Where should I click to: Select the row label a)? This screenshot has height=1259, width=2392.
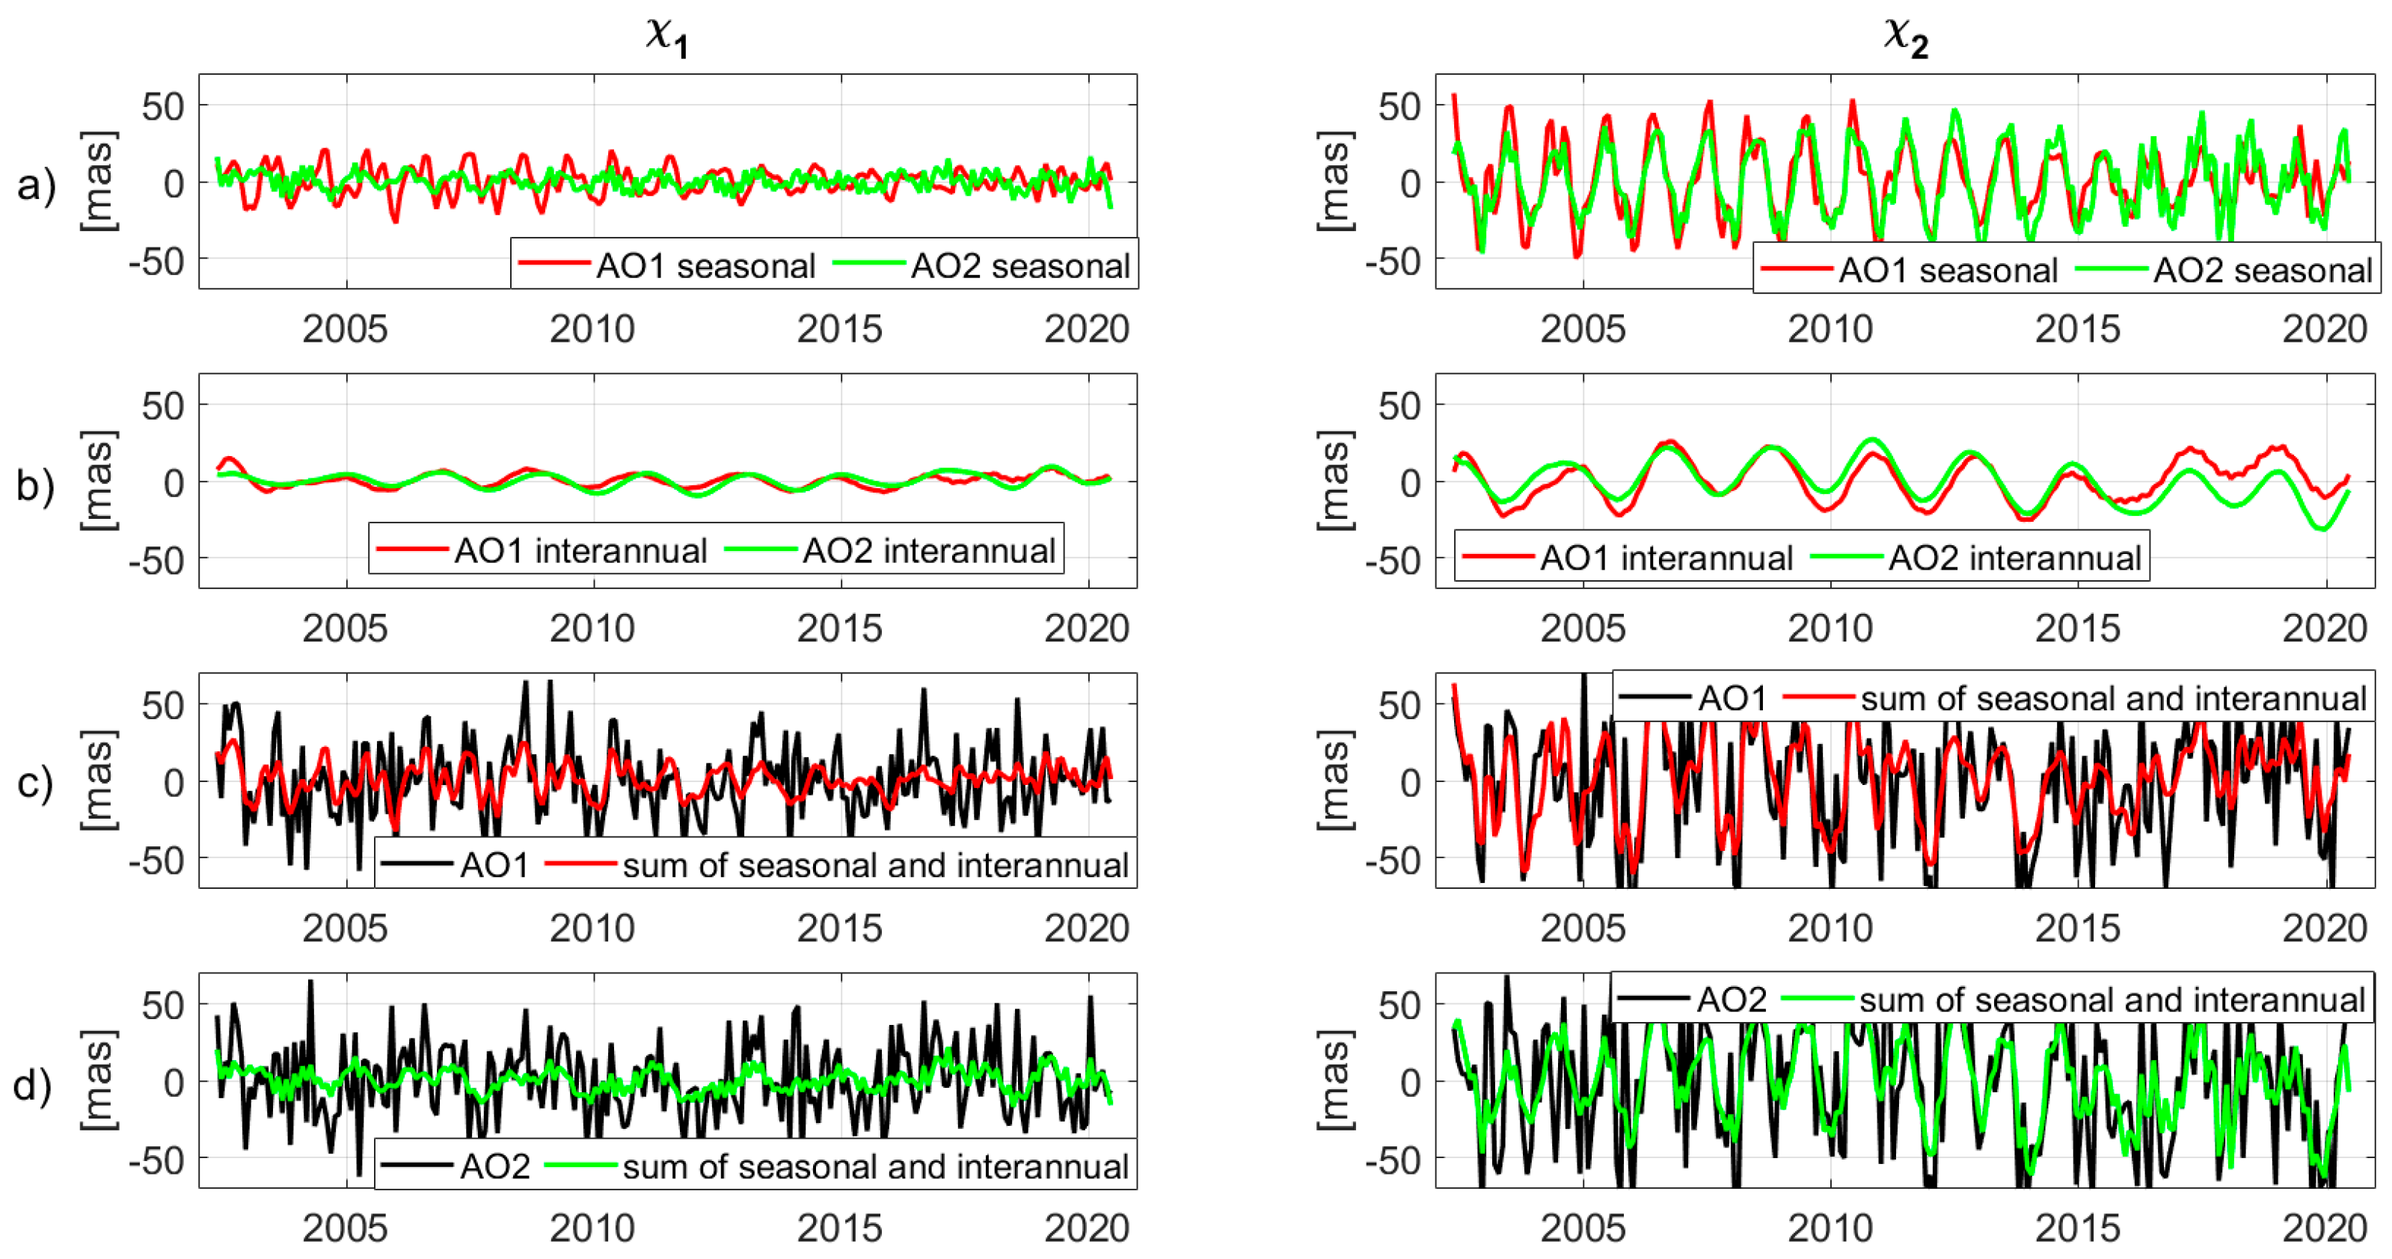point(36,185)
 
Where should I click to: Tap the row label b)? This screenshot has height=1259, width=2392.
point(36,484)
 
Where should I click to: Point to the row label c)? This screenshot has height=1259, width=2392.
point(36,784)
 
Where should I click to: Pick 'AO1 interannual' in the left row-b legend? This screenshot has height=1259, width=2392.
point(580,552)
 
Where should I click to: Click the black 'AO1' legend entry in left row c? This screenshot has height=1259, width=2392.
point(494,865)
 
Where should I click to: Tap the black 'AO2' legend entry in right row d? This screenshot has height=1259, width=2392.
point(1731,1000)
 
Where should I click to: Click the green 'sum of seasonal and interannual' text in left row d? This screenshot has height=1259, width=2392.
point(874,1166)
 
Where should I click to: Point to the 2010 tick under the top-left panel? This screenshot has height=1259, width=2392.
point(592,330)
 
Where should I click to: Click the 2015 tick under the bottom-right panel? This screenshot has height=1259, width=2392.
point(2077,1228)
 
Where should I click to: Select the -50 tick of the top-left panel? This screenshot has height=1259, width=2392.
point(157,262)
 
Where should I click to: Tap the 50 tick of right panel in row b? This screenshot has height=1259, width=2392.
point(1399,407)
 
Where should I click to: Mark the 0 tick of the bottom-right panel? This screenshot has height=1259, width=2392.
point(1410,1083)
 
